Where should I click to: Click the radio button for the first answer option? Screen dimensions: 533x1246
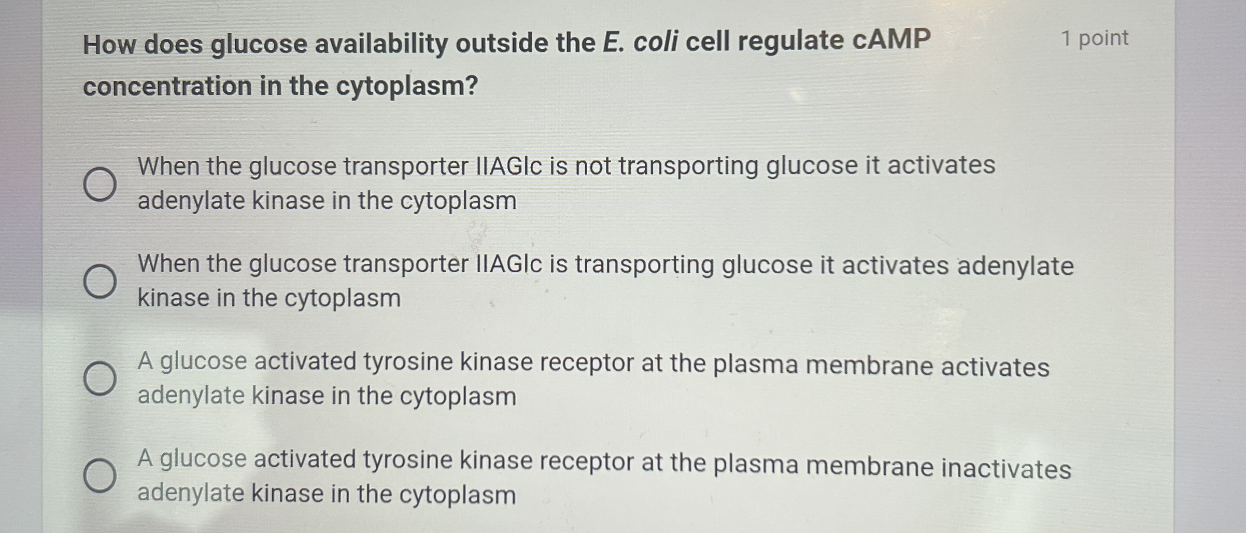[x=100, y=184]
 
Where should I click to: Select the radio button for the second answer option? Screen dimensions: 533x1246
[x=100, y=282]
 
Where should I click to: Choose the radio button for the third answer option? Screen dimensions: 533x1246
[x=100, y=378]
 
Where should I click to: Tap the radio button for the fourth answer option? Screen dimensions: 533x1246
[x=100, y=475]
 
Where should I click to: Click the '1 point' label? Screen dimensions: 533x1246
[x=1094, y=38]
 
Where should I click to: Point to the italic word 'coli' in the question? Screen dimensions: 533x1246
[x=656, y=41]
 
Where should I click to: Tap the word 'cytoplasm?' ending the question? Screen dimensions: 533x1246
[x=407, y=86]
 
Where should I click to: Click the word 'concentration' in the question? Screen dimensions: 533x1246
[x=167, y=86]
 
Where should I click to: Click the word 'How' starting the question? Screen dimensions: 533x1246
[x=109, y=45]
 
